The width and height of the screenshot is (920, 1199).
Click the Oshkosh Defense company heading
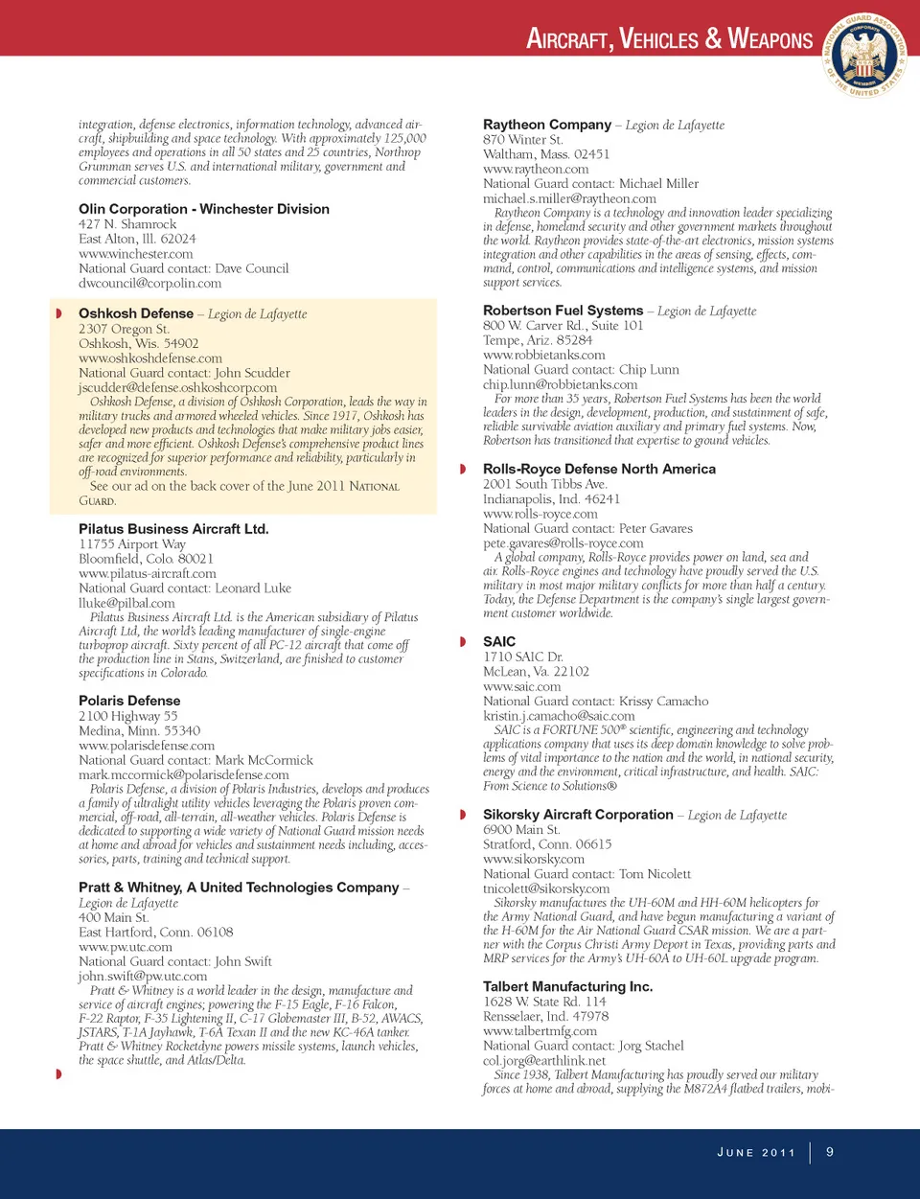(136, 313)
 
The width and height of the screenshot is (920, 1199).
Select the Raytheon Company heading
(547, 125)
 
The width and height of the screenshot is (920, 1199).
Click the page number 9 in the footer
(830, 1151)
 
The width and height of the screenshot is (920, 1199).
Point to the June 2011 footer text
(756, 1152)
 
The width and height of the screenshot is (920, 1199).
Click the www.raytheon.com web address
(536, 169)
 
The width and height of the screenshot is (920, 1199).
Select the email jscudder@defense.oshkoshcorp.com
(177, 387)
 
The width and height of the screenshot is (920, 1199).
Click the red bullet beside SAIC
(463, 641)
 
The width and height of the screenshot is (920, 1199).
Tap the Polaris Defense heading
(129, 701)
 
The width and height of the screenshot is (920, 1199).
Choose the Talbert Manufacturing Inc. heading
(567, 986)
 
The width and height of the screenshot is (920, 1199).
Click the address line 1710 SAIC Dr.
(522, 657)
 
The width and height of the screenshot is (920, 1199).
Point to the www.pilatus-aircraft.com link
(148, 573)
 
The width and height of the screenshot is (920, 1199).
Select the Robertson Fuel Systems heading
(563, 311)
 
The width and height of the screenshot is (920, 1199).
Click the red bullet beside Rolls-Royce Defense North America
(463, 469)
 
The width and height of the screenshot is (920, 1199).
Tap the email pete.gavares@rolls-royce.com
(563, 542)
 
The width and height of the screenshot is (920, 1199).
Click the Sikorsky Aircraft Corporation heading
(578, 815)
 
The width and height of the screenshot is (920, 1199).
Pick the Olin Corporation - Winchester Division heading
(204, 209)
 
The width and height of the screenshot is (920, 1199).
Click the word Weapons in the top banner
(770, 39)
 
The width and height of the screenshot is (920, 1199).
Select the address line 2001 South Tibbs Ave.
(544, 484)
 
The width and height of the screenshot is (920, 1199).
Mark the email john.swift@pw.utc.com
(143, 976)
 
